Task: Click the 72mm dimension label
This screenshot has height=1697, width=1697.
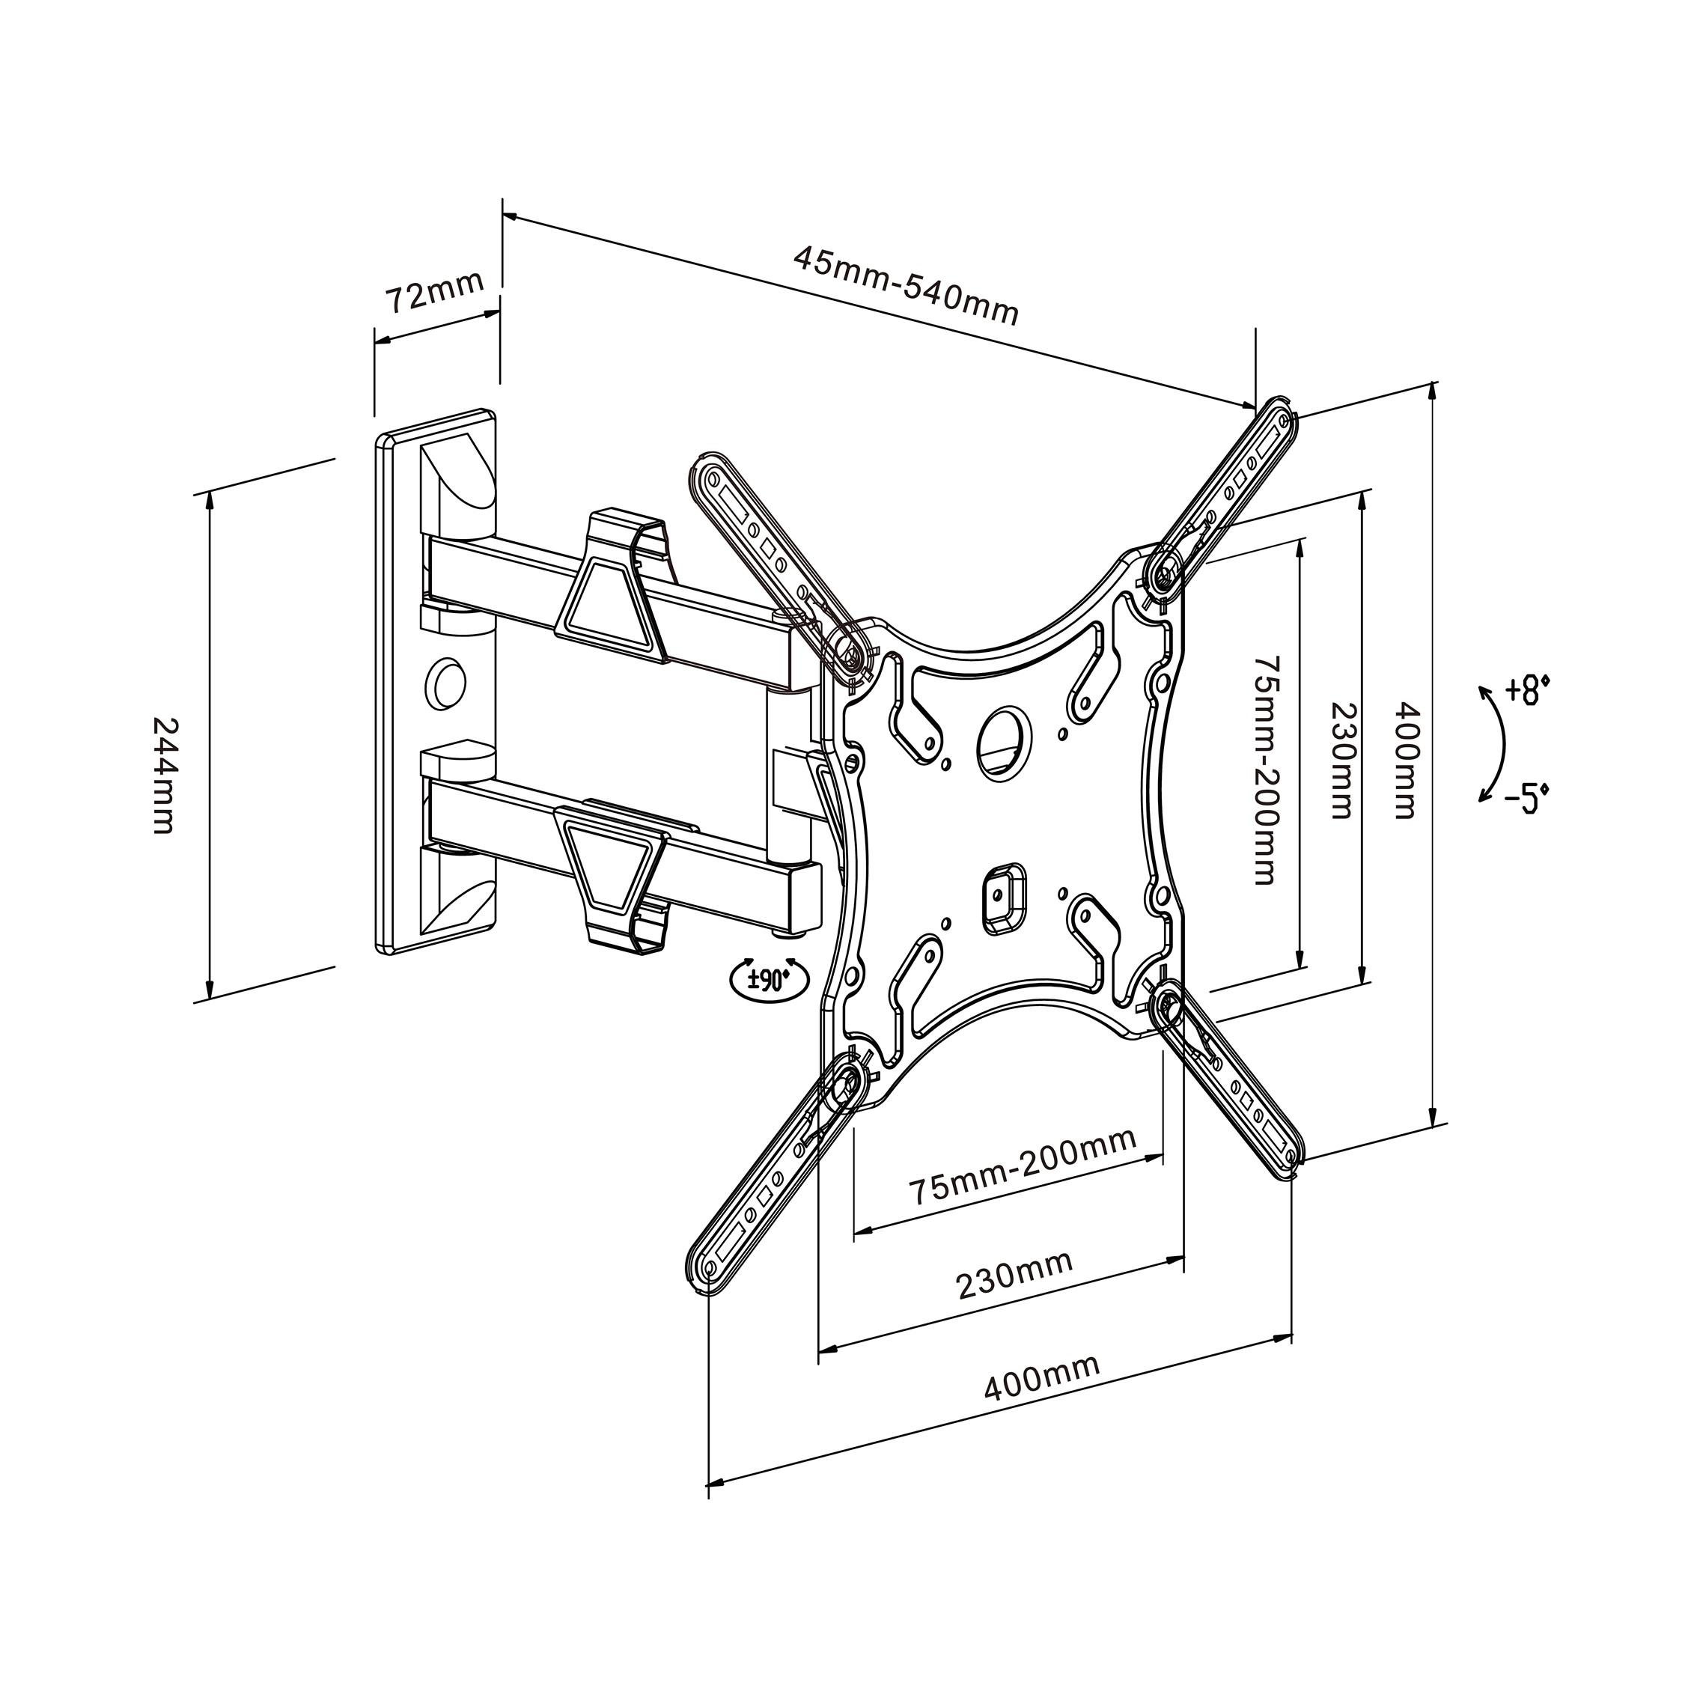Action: point(436,290)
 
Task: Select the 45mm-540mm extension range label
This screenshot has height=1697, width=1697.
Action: point(906,284)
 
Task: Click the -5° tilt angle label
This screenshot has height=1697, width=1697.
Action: point(1526,800)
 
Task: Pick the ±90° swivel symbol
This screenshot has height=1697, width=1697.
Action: point(765,978)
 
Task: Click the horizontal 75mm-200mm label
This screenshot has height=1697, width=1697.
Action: point(1023,1165)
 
